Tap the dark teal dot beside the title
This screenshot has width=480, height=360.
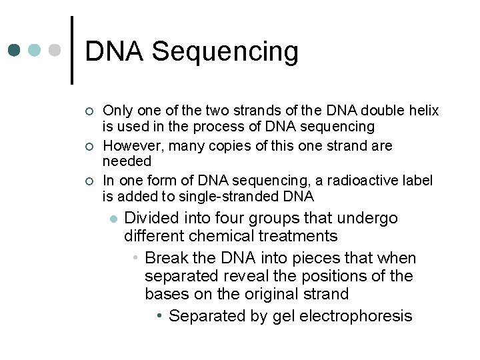tap(15, 50)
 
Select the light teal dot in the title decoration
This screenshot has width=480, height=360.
tap(35, 50)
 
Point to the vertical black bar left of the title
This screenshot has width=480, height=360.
tap(71, 50)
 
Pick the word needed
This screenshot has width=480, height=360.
tap(127, 161)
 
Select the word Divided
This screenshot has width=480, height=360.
tap(151, 219)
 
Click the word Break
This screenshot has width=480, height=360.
tap(167, 258)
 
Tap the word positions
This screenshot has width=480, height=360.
tap(337, 276)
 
